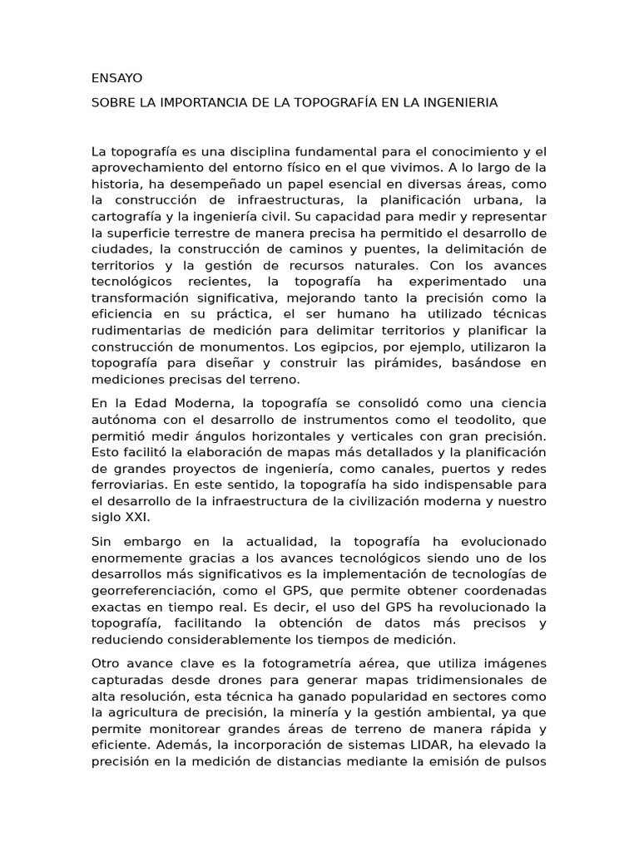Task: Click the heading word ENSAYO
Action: tap(117, 78)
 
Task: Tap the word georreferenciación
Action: tap(153, 588)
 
